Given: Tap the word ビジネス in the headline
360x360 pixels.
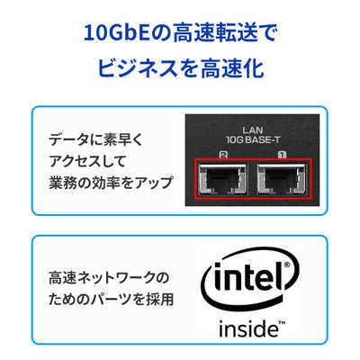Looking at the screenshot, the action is [138, 68].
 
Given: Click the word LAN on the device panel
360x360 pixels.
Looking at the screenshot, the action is [253, 130].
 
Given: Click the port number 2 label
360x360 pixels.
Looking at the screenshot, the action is [223, 155].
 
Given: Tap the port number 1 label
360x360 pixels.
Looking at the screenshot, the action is [283, 155].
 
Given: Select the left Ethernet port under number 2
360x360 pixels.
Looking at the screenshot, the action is [222, 179].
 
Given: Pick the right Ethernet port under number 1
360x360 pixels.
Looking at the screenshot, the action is [282, 179].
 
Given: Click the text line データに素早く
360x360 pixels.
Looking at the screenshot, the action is [96, 140].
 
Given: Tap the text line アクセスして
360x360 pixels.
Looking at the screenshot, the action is [87, 161].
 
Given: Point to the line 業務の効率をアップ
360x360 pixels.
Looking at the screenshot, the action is [111, 183].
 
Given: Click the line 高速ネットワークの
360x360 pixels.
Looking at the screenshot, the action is [109, 278].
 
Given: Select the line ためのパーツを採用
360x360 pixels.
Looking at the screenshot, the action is [111, 300].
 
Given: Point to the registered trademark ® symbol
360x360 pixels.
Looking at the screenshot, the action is [287, 265].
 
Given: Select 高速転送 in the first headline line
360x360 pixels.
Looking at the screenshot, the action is [215, 33].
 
